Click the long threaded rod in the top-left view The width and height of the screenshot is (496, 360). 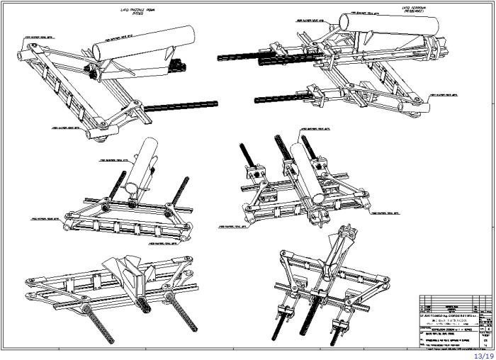click(x=181, y=107)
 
